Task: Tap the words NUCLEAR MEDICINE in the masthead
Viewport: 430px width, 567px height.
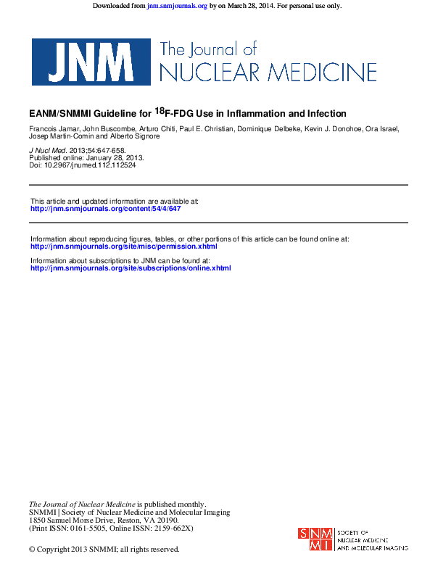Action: tap(268, 73)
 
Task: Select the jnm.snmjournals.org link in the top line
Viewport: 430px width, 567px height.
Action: tap(177, 6)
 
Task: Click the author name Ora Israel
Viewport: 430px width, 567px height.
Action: tap(382, 129)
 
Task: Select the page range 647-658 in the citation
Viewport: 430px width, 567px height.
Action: tap(118, 150)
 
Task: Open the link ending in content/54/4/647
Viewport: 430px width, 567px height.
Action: tap(105, 208)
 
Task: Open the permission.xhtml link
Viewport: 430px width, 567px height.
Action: tap(123, 246)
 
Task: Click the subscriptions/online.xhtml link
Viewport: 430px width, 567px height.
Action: tap(131, 268)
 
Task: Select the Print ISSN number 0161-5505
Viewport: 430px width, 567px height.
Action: tap(91, 528)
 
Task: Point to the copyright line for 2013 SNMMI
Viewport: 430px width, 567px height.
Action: tap(104, 550)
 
